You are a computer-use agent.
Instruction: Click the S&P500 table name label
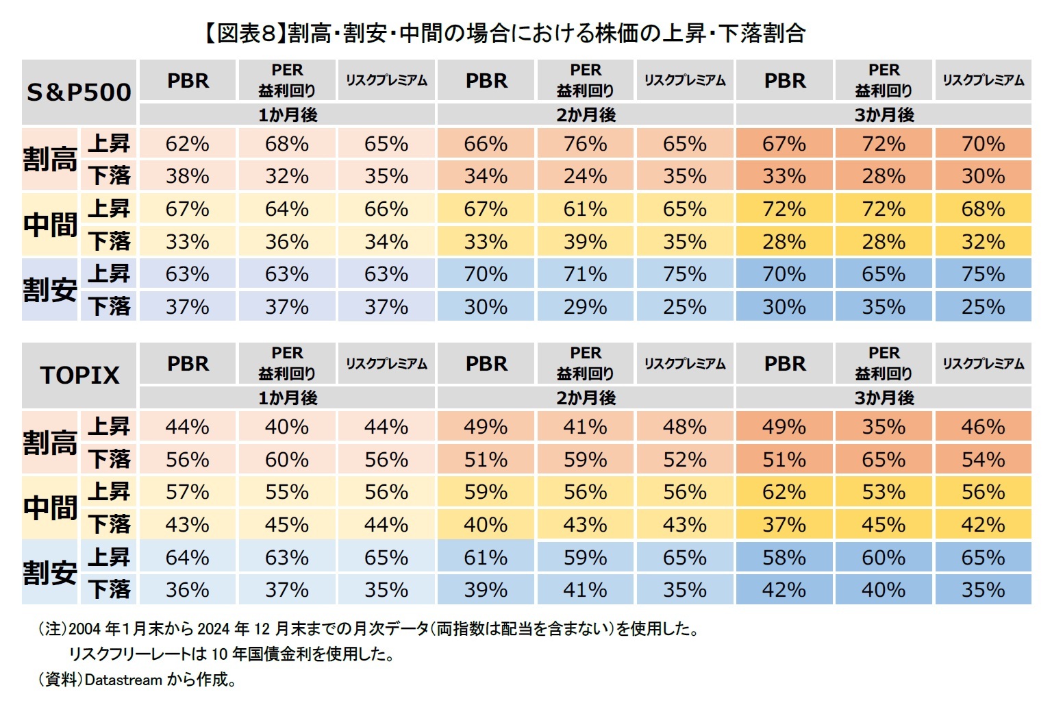pyautogui.click(x=79, y=92)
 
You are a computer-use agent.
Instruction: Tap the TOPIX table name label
pyautogui.click(x=79, y=375)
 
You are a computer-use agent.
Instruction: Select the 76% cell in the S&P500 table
pyautogui.click(x=585, y=144)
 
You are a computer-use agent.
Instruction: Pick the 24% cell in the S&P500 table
pyautogui.click(x=585, y=176)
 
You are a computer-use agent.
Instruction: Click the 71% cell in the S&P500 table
pyautogui.click(x=585, y=274)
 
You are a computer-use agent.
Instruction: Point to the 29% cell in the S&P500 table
pyautogui.click(x=585, y=306)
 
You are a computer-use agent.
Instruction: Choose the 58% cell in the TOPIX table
pyautogui.click(x=784, y=557)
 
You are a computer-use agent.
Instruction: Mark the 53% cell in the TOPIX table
pyautogui.click(x=884, y=492)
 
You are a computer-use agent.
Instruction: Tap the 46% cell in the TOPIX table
pyautogui.click(x=983, y=427)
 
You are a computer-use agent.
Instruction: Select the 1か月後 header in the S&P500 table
pyautogui.click(x=287, y=114)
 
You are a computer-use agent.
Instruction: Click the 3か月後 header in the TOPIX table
pyautogui.click(x=884, y=397)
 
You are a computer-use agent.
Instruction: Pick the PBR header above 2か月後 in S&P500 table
pyautogui.click(x=486, y=81)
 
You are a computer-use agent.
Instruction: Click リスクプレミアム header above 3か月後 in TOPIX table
pyautogui.click(x=983, y=364)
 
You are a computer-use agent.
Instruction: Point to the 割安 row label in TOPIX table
pyautogui.click(x=50, y=572)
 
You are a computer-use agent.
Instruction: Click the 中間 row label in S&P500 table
pyautogui.click(x=50, y=224)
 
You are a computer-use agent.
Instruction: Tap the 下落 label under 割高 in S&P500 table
pyautogui.click(x=109, y=176)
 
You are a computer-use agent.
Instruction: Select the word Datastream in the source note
pyautogui.click(x=123, y=680)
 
